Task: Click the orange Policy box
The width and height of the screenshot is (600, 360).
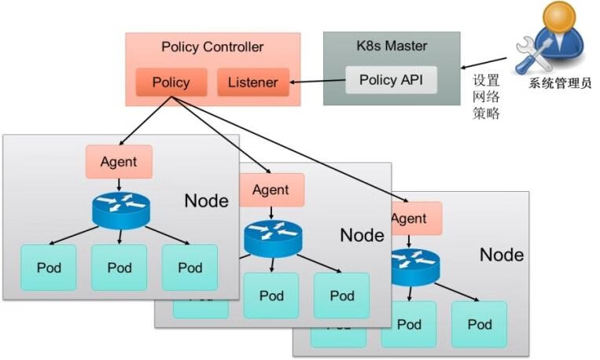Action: (171, 83)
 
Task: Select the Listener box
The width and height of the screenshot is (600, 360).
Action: (252, 83)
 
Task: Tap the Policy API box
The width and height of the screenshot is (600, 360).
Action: (391, 80)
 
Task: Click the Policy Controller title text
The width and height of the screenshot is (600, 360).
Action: (212, 46)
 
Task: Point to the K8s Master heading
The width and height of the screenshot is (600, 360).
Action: (392, 45)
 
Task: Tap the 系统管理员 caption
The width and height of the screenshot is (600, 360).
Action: (560, 83)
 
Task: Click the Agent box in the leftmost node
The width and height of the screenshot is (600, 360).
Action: (119, 162)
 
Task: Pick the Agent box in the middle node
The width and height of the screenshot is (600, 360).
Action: (271, 189)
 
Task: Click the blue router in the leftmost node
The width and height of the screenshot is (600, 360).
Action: (120, 209)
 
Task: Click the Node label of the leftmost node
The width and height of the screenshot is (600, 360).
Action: (206, 200)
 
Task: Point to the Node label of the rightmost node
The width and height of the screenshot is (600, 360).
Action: (501, 255)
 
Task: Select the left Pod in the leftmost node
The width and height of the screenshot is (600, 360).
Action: (49, 267)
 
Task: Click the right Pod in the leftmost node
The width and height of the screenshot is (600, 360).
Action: (190, 267)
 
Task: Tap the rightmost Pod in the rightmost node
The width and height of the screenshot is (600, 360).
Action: (479, 324)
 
